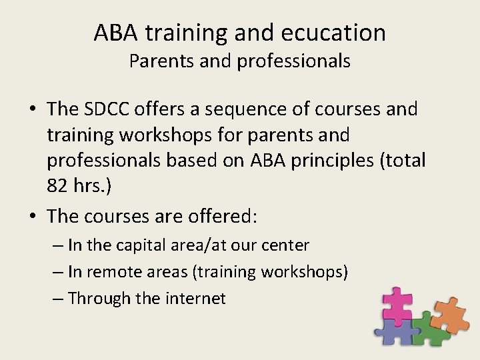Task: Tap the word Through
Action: click(x=99, y=298)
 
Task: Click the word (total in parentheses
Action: click(x=399, y=160)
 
